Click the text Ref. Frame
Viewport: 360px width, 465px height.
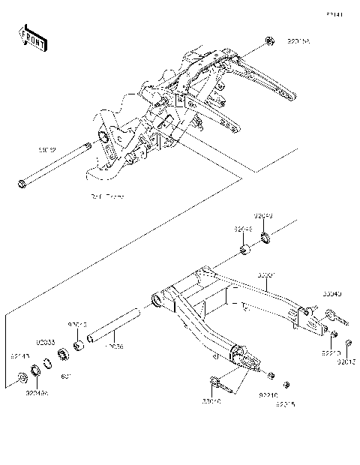point(107,196)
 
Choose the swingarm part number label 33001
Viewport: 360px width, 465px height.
point(267,275)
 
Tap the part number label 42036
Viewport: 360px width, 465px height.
point(115,346)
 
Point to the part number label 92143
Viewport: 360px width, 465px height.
point(19,356)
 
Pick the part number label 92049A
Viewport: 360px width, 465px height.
point(36,391)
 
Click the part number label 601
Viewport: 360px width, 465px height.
point(66,376)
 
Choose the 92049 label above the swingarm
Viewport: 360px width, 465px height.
point(262,215)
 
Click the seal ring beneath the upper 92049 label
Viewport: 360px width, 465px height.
point(265,240)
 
